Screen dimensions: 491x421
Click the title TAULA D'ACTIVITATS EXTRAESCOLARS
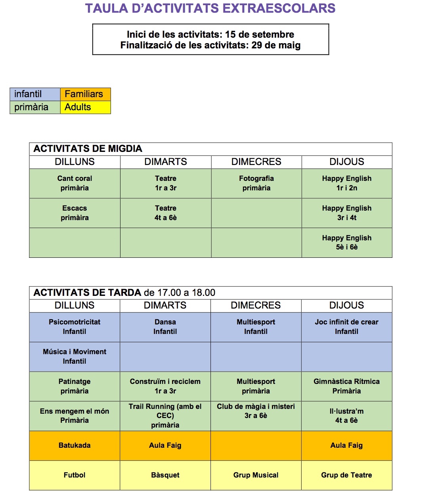click(x=210, y=8)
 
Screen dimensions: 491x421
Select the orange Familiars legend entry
click(x=85, y=94)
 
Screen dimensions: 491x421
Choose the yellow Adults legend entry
click(x=85, y=107)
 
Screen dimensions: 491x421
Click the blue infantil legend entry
click(x=35, y=94)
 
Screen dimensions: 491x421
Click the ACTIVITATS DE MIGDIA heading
click(x=88, y=149)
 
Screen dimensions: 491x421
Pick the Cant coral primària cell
click(x=75, y=183)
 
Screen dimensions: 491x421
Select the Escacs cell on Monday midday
click(x=75, y=213)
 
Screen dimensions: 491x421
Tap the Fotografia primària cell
click(x=256, y=183)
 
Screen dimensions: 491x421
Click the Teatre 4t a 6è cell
click(x=165, y=213)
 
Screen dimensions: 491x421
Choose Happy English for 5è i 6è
click(x=346, y=242)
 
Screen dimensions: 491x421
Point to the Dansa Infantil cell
click(x=165, y=327)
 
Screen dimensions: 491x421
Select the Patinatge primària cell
click(x=75, y=386)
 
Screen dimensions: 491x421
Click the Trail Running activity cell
click(x=165, y=416)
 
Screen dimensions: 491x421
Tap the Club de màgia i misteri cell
click(x=256, y=411)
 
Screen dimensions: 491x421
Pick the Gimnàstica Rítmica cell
click(x=346, y=386)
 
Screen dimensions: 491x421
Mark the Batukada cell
click(x=75, y=445)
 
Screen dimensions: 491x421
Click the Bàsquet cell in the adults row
click(x=165, y=475)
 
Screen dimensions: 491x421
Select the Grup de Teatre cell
click(x=346, y=475)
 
